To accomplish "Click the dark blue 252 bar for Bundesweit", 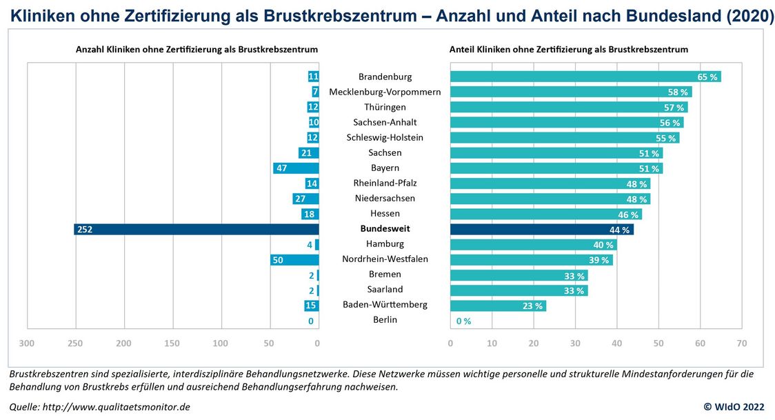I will (196, 229).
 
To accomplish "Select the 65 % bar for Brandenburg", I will (585, 77).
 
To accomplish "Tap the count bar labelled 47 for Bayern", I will (296, 168).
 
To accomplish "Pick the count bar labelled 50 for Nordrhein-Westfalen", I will (294, 259).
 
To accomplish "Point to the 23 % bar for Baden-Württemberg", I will (498, 306).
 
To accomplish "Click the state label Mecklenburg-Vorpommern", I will (385, 92).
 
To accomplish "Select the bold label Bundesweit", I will (385, 229).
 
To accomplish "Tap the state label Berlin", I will (385, 320).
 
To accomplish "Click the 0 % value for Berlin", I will (463, 321).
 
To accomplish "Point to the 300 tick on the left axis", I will (27, 343).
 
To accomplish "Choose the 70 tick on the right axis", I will (742, 343).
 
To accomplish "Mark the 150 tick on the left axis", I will (172, 343).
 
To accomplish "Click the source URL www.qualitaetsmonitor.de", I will (116, 407).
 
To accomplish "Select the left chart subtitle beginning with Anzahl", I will (197, 50).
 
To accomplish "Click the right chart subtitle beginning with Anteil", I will (569, 50).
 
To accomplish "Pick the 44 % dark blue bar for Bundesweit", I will (541, 229).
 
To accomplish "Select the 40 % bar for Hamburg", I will (533, 244).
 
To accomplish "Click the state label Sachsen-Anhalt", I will (385, 122).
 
